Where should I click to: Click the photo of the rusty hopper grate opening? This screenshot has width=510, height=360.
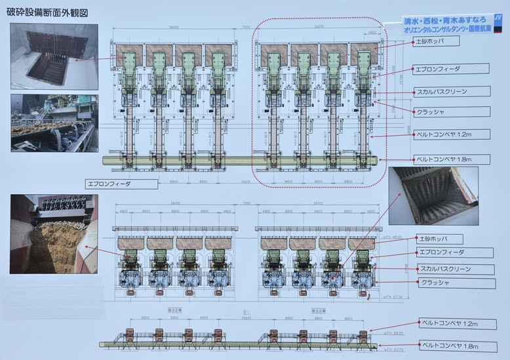[x=54, y=56]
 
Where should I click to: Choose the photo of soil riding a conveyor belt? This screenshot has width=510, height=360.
[x=54, y=123]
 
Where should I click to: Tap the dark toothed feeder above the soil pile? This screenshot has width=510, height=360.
[x=60, y=207]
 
